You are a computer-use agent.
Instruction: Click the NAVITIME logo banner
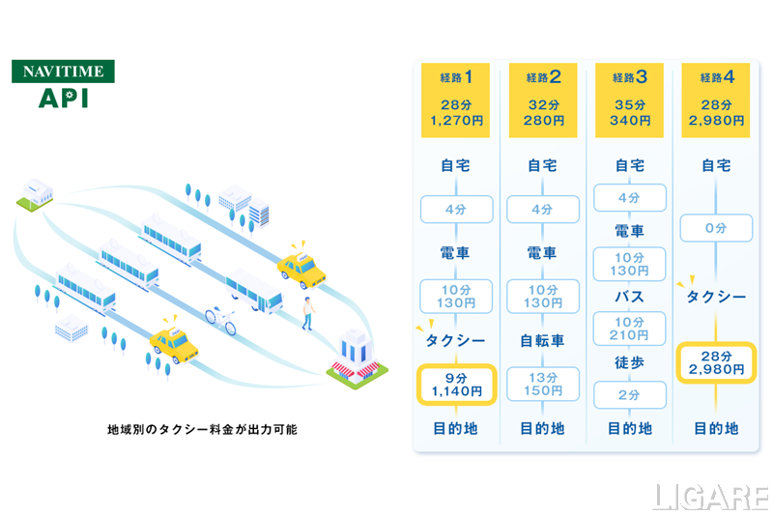63,72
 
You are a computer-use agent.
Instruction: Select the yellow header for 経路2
543,100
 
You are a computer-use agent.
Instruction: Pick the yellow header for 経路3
629,100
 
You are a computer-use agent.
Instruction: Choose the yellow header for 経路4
716,100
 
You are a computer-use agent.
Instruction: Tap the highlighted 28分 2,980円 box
716,361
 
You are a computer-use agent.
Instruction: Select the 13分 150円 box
543,385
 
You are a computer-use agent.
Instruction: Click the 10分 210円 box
629,329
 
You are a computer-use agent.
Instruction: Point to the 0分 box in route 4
716,228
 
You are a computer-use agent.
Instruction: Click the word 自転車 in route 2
543,340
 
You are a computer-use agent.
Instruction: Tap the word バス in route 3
629,296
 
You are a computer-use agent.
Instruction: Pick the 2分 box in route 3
629,395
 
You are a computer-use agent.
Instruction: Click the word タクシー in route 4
716,297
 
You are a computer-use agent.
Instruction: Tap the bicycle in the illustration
219,320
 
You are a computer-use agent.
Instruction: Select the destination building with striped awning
353,356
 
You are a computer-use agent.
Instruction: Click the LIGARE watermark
709,495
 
